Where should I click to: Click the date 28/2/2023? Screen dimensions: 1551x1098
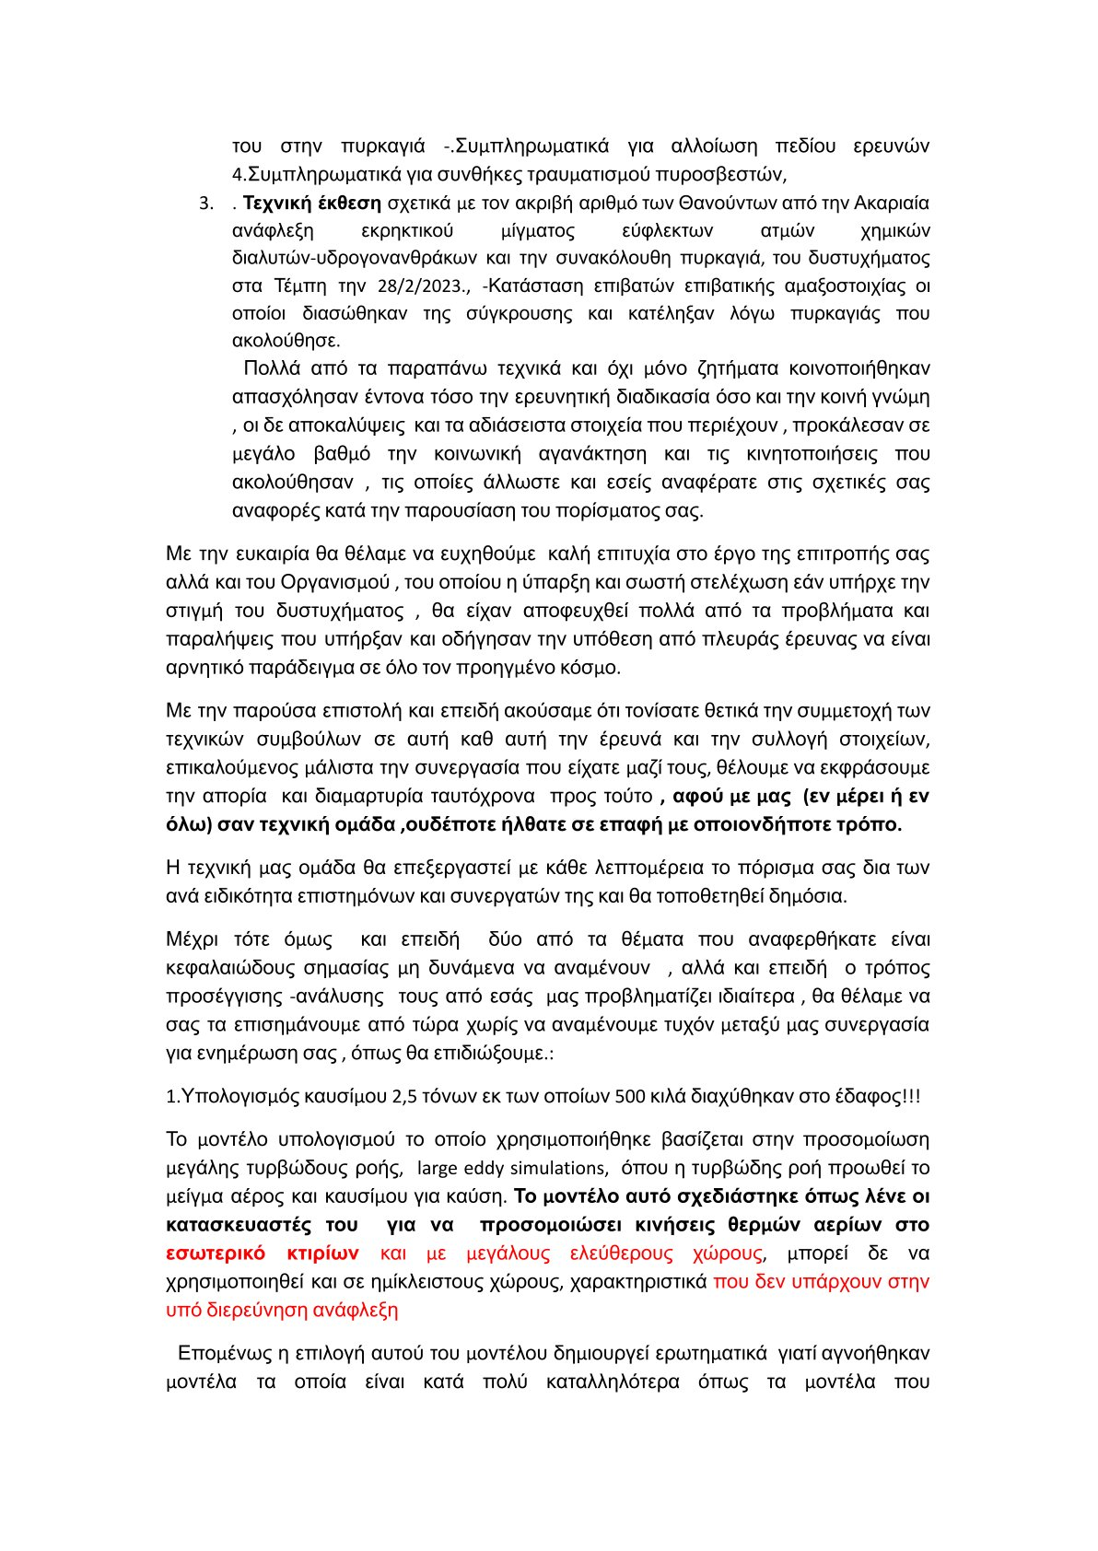click(416, 286)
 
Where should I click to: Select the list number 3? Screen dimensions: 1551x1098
click(206, 203)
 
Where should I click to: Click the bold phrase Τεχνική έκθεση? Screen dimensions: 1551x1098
click(312, 203)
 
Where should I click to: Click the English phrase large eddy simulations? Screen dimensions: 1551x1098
click(512, 1168)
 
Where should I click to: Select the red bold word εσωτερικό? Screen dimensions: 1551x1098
click(216, 1253)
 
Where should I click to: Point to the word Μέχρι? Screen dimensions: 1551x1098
click(193, 939)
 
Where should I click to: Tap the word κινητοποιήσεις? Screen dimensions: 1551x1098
click(812, 454)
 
